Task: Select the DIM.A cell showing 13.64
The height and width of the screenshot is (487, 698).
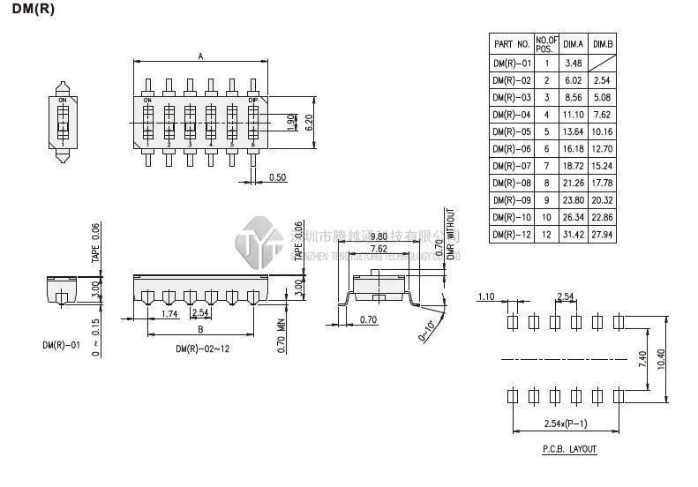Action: [574, 131]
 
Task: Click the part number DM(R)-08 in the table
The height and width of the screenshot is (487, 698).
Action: [512, 183]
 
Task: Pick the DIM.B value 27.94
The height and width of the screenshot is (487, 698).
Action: [604, 234]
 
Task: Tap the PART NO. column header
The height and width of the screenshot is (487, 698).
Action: [512, 43]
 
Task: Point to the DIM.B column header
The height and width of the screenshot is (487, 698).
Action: [604, 43]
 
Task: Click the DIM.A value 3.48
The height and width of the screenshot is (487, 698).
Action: [574, 63]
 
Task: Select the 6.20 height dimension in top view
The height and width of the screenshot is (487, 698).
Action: [309, 121]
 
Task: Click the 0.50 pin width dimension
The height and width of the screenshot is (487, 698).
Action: [277, 177]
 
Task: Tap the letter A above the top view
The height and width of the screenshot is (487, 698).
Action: [200, 56]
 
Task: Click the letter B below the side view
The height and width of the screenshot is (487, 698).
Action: [200, 330]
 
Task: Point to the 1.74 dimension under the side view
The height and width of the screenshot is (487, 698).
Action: [171, 313]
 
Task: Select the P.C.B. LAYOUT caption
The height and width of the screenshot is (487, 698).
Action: [569, 449]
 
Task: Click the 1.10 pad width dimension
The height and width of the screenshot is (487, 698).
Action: [484, 296]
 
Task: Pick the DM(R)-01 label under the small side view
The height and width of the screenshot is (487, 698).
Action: [61, 345]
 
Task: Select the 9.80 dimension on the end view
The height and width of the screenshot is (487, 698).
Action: [379, 236]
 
